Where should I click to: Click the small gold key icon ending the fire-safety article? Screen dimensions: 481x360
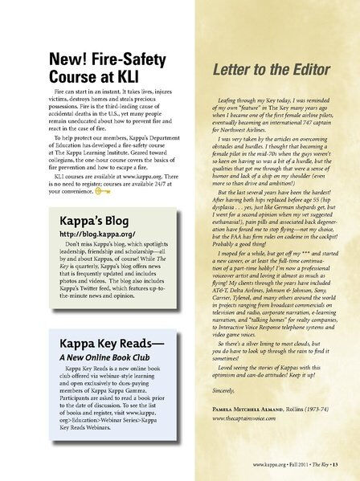(x=103, y=191)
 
